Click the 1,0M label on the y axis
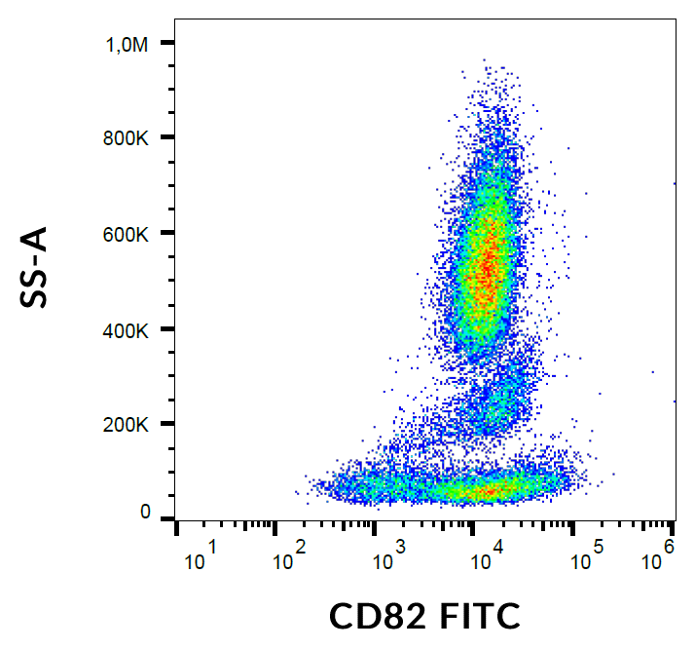click(x=128, y=44)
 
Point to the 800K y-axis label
click(x=128, y=138)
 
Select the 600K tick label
click(x=128, y=234)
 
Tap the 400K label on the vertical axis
click(x=128, y=329)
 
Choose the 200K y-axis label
click(x=128, y=425)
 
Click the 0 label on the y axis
click(x=145, y=513)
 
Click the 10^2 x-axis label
click(x=293, y=559)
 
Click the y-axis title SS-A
click(x=35, y=267)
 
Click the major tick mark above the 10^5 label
click(x=573, y=527)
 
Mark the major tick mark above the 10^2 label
click(x=275, y=527)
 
